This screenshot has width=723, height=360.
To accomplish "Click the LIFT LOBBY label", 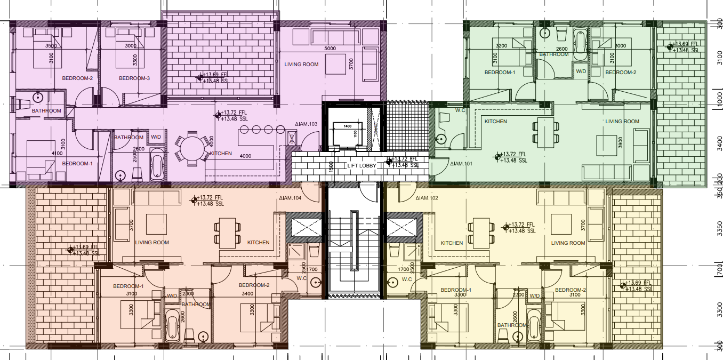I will coord(362,165).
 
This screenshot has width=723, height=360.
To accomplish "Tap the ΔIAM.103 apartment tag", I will coord(306,124).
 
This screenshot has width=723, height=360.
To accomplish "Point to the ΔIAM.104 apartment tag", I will coord(290,198).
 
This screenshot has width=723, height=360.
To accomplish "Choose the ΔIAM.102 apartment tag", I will coord(427,198).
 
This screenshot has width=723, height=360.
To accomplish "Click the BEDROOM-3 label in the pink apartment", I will coord(134,78).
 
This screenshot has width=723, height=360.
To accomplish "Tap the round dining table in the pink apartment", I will coord(192,148).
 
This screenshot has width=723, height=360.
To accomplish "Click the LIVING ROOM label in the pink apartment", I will coord(301,65).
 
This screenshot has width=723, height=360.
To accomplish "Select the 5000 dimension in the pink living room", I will coord(330,49).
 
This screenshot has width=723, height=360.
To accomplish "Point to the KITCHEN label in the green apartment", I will coord(495,122).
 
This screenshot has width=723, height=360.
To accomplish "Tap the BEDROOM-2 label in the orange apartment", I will coord(254,285).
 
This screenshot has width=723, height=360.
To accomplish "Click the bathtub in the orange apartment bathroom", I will coord(172,326).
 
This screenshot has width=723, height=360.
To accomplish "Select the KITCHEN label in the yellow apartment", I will coord(452,243).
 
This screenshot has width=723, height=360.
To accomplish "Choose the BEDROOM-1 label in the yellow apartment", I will coord(456,290).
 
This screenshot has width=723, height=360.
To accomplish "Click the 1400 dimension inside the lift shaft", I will coord(347,126).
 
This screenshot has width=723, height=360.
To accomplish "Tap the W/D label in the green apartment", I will coord(581,71).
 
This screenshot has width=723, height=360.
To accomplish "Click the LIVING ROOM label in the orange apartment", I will coord(152,243).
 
